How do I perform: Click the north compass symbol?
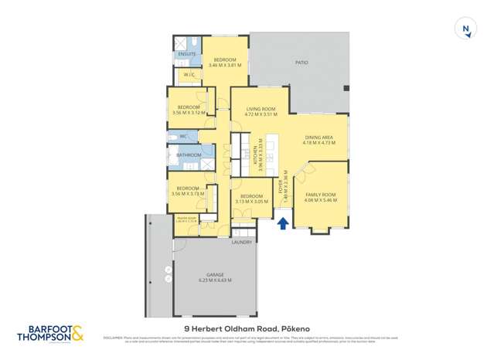coord(466,30)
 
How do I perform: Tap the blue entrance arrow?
coord(283,223)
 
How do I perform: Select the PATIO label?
coord(302,63)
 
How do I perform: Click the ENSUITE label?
coord(187,54)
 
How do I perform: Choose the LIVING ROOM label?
coord(261,109)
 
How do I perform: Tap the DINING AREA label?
coord(319,137)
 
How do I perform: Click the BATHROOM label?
coord(189,155)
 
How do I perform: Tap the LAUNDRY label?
coord(242,243)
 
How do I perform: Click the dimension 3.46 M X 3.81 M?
coord(225,65)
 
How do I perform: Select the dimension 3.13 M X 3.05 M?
coord(252,202)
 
